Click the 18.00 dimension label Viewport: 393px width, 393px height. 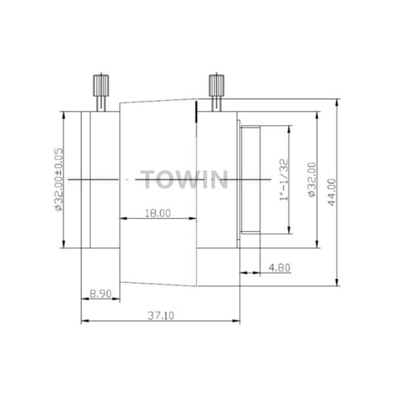158,214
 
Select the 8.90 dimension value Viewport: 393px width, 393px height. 100,293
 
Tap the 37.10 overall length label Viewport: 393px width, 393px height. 160,316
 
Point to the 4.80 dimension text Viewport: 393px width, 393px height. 280,268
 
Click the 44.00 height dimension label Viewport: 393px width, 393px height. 332,192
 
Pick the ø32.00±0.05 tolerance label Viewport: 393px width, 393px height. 59,179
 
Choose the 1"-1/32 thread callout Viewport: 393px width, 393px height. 284,180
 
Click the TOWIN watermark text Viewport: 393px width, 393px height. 184,179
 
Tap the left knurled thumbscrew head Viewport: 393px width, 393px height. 101,85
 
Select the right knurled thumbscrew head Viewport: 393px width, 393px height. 217,85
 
